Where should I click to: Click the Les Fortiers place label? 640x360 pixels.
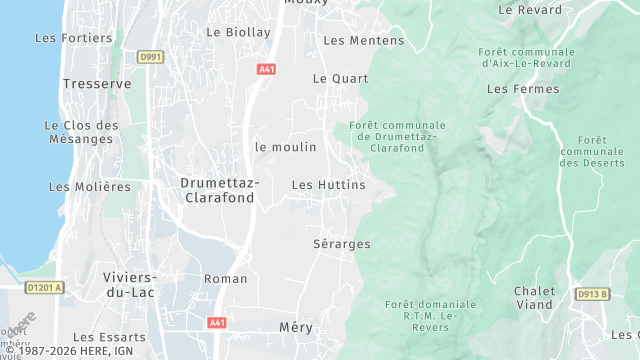coord(74,38)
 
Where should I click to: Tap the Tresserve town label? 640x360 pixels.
coord(97,84)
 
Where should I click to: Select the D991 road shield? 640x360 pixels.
coord(150,57)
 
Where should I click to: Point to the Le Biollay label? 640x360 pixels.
coord(238,32)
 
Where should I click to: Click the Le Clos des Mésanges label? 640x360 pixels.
coord(81,132)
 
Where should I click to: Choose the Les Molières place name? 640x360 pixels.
coord(89,187)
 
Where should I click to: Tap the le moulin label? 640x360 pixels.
coord(285,147)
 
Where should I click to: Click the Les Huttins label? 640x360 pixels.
coord(328,185)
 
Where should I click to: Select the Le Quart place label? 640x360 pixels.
coord(333,78)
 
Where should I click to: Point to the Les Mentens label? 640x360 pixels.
coord(364,41)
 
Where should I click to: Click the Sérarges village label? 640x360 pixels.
coord(342,244)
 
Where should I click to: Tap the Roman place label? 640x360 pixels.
coord(225,278)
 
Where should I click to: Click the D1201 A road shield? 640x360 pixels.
coord(44,288)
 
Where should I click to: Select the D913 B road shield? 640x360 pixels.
coord(593,294)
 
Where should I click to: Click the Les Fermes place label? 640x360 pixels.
coord(515,89)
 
